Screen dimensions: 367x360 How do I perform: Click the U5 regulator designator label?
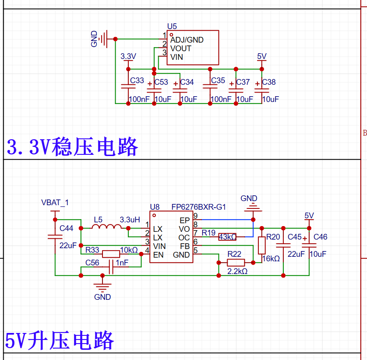pos(172,26)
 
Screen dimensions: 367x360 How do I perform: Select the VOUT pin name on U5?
pos(181,49)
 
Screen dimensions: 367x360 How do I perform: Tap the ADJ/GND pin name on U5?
pos(187,40)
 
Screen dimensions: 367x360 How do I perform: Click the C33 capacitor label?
pos(137,80)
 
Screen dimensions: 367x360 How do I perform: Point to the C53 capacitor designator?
pos(161,82)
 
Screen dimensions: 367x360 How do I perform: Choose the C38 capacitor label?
pos(269,82)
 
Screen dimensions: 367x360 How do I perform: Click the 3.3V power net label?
pos(128,57)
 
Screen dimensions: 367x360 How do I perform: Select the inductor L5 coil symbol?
pos(107,226)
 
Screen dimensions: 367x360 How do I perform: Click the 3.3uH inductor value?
pos(130,220)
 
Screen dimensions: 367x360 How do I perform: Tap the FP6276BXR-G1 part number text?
pos(198,207)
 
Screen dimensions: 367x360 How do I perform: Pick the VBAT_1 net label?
pos(55,202)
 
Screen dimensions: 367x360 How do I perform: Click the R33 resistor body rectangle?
pos(111,254)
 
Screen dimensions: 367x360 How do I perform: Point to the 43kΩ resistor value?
pos(228,237)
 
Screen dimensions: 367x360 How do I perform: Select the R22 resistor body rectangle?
pos(236,263)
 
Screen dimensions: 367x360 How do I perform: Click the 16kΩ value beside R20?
pos(271,258)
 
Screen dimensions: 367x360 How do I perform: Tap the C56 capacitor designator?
pos(92,263)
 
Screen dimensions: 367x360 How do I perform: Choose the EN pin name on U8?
pos(158,255)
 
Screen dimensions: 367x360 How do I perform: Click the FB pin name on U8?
pos(185,246)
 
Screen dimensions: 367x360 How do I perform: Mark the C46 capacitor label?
pos(320,237)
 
